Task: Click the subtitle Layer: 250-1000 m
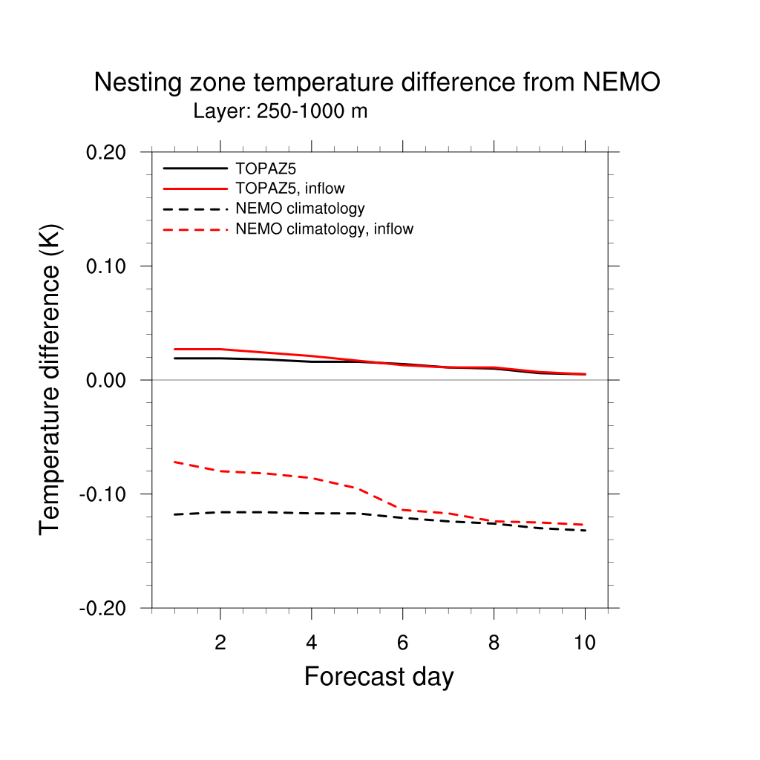pos(281,112)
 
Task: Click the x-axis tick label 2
pos(220,643)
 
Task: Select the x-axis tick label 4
pos(312,643)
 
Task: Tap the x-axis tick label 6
pos(403,643)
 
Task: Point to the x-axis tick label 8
pos(494,643)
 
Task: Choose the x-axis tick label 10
pos(585,643)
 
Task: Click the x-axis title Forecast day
pos(379,677)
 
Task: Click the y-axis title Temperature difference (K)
pos(50,379)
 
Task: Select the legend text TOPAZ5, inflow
pos(290,189)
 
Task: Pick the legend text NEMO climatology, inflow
pos(324,229)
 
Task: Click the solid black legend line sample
pos(195,168)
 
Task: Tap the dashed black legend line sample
pos(195,209)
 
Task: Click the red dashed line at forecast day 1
pos(174,462)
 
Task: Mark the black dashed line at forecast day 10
pos(585,530)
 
